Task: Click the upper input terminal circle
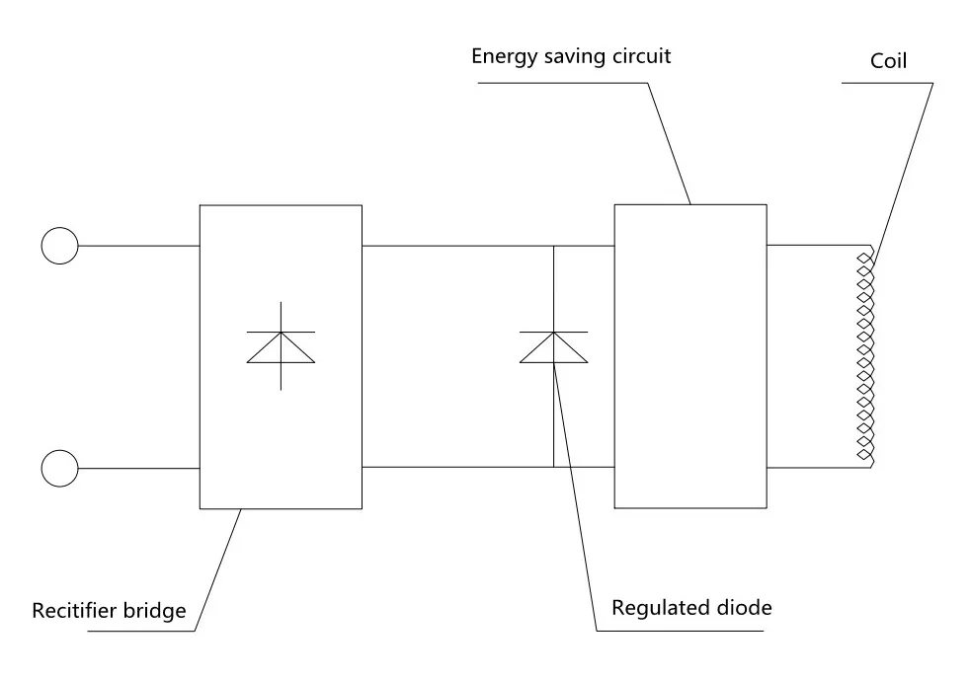click(59, 245)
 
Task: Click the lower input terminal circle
click(59, 467)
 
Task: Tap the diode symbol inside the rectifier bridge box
click(281, 346)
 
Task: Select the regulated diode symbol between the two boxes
click(553, 347)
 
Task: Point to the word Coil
click(888, 62)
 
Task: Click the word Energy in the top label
click(502, 56)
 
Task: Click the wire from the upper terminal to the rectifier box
click(138, 245)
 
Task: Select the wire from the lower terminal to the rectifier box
click(138, 467)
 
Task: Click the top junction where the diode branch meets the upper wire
click(553, 245)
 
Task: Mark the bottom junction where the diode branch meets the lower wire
click(553, 467)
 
